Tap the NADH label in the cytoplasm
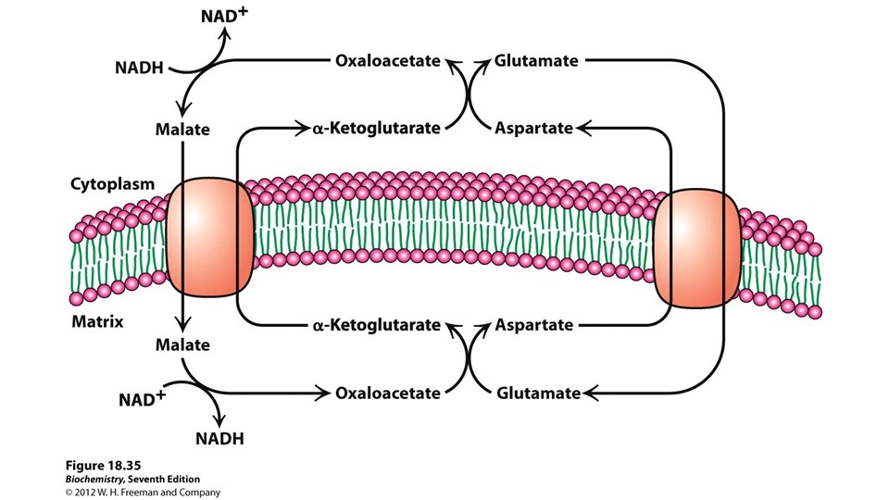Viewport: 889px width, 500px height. [141, 68]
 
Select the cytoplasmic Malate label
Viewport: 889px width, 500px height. [182, 130]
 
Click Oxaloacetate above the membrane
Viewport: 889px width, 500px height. [387, 62]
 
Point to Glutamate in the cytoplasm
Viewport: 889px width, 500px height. [536, 62]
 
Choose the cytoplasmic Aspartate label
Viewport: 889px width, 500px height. [534, 129]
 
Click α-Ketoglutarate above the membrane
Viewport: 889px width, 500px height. [375, 129]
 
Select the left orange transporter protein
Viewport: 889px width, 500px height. [210, 239]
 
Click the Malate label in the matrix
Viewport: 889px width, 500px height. [182, 345]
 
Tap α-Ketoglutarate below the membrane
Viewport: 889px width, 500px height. [375, 325]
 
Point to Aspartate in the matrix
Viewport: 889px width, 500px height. [534, 325]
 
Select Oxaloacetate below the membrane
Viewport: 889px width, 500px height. [387, 393]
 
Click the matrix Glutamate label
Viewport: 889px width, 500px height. [538, 393]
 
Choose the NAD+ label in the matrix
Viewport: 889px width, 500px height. [142, 400]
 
